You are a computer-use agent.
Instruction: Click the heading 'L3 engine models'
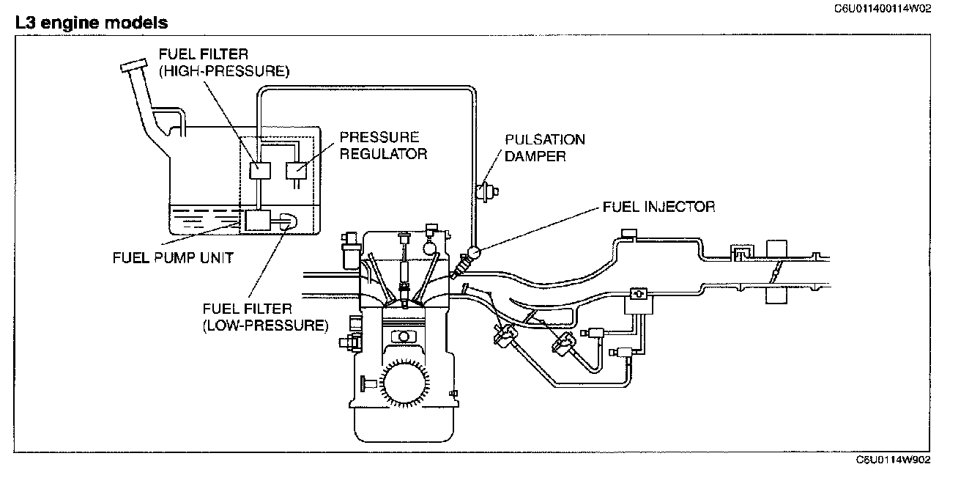[x=92, y=23]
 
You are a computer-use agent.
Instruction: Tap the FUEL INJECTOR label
[x=659, y=207]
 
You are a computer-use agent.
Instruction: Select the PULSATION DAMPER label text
[x=544, y=148]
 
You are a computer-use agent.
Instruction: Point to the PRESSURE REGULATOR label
[x=383, y=146]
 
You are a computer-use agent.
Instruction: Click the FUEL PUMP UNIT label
[x=173, y=257]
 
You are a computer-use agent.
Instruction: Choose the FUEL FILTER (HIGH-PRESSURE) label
[x=224, y=62]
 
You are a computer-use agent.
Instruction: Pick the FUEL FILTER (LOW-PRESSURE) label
[x=265, y=317]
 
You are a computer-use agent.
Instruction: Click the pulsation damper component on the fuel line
[x=488, y=191]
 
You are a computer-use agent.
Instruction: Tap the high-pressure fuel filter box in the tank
[x=260, y=171]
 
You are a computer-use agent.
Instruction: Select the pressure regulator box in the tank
[x=297, y=171]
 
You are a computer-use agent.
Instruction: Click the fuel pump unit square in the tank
[x=257, y=221]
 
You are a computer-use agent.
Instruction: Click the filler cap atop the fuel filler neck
[x=134, y=66]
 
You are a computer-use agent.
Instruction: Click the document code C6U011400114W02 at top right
[x=883, y=9]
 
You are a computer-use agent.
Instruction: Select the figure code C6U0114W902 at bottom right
[x=893, y=460]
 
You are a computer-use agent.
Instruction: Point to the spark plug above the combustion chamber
[x=404, y=271]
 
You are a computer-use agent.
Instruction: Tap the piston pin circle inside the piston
[x=404, y=337]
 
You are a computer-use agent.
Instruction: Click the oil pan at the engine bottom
[x=404, y=424]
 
